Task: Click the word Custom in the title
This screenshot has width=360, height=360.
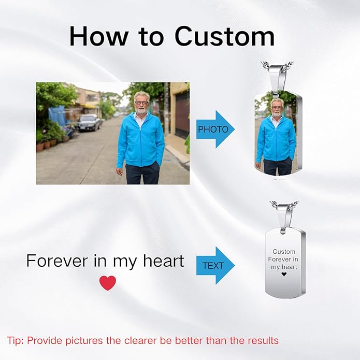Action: pyautogui.click(x=225, y=36)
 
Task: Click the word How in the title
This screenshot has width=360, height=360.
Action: pyautogui.click(x=97, y=36)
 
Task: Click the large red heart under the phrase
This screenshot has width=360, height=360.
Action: pyautogui.click(x=108, y=283)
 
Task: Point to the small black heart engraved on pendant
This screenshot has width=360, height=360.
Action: pyautogui.click(x=284, y=275)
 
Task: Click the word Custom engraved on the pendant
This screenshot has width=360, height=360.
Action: pyautogui.click(x=284, y=251)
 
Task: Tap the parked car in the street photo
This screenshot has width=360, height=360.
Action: pyautogui.click(x=89, y=123)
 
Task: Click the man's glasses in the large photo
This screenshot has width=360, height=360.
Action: pyautogui.click(x=141, y=103)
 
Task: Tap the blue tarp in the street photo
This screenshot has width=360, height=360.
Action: pyautogui.click(x=57, y=115)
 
